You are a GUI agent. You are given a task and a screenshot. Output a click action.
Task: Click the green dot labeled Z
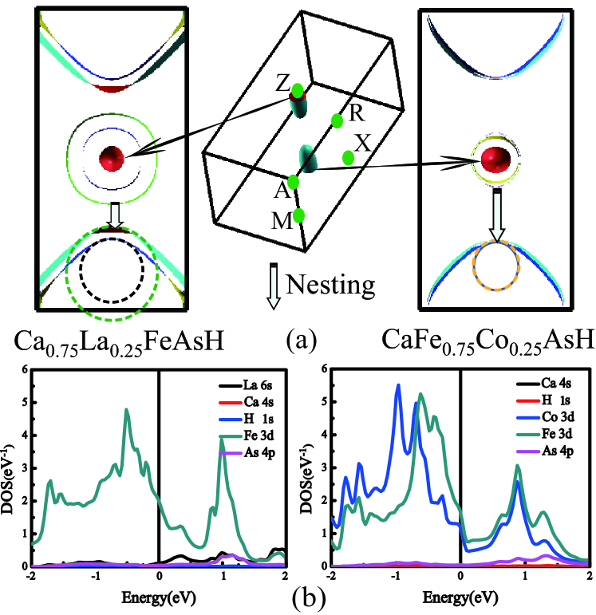click(298, 91)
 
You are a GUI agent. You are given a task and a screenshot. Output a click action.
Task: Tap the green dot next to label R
click(337, 121)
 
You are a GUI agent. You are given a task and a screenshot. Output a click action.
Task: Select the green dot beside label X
click(348, 157)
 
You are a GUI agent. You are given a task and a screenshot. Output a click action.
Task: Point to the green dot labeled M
click(299, 215)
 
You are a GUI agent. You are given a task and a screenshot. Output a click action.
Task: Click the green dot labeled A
click(293, 182)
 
